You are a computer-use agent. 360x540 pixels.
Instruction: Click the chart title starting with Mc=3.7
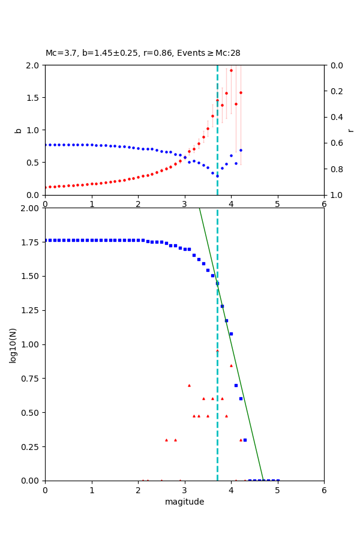(143, 53)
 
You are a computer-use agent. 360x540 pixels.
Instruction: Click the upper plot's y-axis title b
(18, 130)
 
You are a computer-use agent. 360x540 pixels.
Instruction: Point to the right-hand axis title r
(350, 130)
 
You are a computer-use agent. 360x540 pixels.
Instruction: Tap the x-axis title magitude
(184, 502)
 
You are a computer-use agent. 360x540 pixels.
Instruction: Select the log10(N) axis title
(13, 344)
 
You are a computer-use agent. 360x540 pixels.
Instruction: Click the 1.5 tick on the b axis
(34, 98)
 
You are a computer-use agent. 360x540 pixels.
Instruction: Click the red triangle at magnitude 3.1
(189, 385)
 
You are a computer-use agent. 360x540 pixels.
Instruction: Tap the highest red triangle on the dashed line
(217, 351)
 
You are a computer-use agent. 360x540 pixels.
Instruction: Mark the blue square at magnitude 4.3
(245, 440)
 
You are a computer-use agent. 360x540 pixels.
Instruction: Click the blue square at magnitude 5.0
(278, 480)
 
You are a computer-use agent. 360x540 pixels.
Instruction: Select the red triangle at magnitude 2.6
(166, 440)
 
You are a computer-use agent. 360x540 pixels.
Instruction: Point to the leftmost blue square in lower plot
(46, 240)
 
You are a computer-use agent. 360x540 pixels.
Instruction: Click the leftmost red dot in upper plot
(46, 187)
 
